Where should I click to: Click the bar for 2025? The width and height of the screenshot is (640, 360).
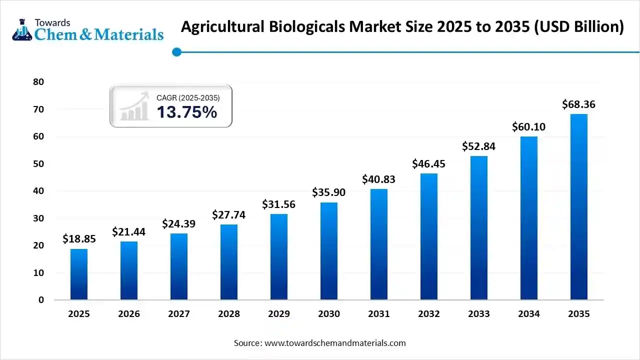[79, 274]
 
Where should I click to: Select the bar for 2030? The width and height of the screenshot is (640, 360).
[329, 251]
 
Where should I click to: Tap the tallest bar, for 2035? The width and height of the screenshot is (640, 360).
[579, 207]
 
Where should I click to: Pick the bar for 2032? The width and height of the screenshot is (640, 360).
[429, 236]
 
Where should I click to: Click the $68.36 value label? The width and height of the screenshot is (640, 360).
[579, 104]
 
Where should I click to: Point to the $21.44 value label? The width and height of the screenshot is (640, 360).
[129, 231]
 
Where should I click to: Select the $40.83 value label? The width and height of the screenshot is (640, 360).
[379, 179]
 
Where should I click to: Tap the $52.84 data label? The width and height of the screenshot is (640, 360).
[479, 146]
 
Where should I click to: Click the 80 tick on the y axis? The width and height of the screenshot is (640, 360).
[38, 82]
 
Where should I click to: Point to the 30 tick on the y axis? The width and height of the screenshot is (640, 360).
[38, 218]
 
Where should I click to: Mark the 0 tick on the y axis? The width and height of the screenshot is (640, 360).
[41, 300]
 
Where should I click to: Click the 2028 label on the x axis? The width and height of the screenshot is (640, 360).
[229, 314]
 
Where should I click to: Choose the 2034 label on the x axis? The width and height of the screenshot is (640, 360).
[529, 314]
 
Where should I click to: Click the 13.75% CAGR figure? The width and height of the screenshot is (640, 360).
[187, 112]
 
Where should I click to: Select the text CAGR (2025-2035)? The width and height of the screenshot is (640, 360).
[188, 98]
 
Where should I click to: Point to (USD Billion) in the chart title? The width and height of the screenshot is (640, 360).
[579, 27]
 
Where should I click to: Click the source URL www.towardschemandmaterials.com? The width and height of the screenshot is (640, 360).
[335, 343]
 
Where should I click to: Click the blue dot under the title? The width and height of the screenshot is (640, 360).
[176, 52]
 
